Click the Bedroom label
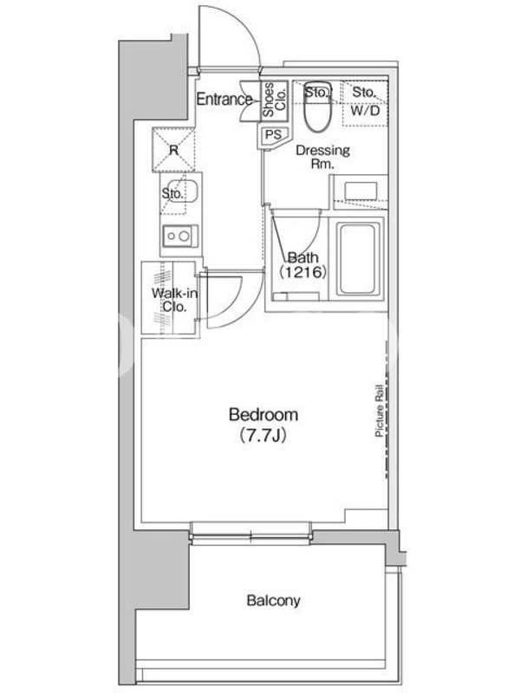[x=263, y=415]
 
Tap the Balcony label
[x=273, y=600]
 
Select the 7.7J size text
[x=263, y=437]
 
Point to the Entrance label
[x=224, y=100]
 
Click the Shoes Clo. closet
[x=274, y=100]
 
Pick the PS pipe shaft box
[x=273, y=135]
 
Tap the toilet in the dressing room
[x=317, y=107]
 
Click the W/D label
[x=365, y=111]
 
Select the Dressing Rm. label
[x=322, y=157]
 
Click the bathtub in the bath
[x=358, y=258]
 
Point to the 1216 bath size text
[x=302, y=272]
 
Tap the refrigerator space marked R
[x=173, y=150]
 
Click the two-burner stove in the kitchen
[x=180, y=236]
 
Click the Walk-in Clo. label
[x=174, y=300]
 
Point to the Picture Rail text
[x=379, y=411]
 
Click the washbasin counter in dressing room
[x=361, y=192]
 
